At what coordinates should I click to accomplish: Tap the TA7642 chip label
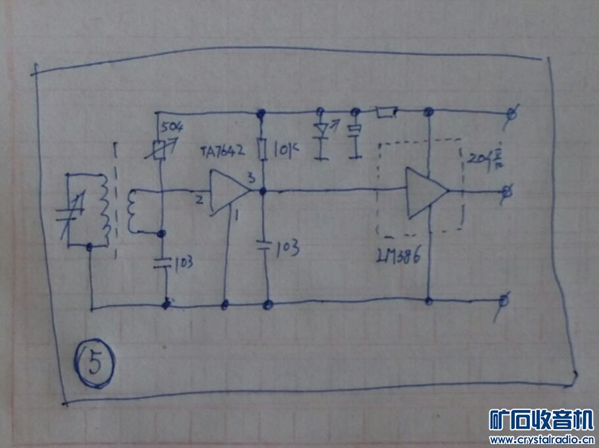223,151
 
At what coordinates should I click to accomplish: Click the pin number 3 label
251,178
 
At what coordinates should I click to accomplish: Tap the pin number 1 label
237,213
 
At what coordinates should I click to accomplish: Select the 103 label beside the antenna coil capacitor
182,264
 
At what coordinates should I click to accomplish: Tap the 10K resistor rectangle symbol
262,149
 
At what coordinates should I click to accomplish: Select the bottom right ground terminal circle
503,302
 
